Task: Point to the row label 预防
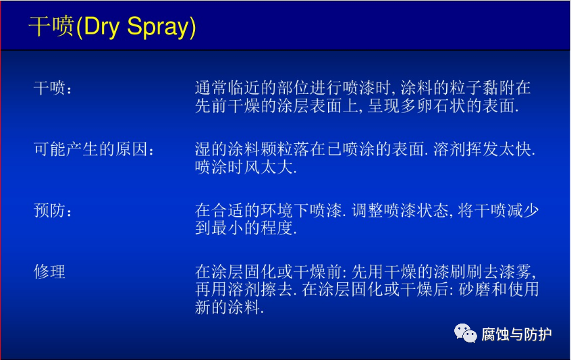49,211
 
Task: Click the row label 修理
49,272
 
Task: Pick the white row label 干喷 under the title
49,88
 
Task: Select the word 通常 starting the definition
211,88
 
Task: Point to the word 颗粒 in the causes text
277,149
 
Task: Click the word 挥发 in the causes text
482,149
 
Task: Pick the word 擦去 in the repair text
277,290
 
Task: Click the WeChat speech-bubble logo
465,334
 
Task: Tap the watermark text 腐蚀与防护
516,334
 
